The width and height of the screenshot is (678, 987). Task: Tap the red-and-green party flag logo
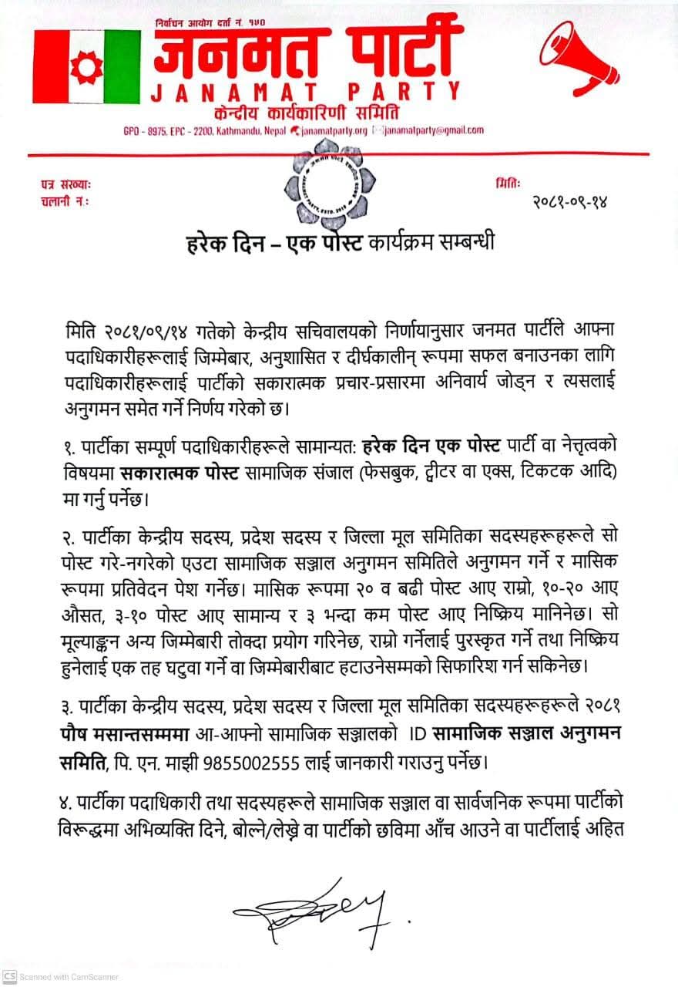point(86,67)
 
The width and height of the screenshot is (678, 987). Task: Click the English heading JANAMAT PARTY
point(306,93)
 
